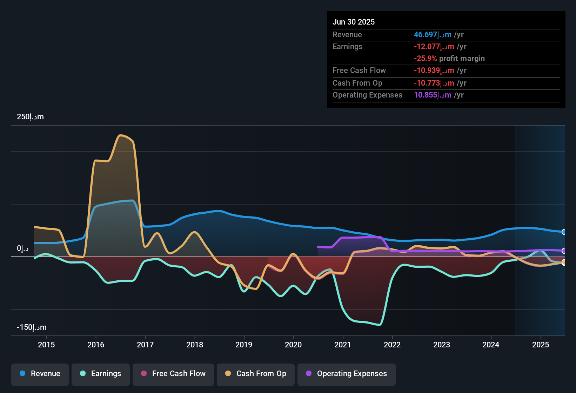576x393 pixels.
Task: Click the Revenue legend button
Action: coord(40,374)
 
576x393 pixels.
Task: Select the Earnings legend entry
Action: coord(101,374)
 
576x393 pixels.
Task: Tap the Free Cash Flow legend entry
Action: coord(173,374)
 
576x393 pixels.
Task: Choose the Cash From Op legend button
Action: coord(256,374)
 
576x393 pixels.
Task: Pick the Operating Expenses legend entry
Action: coord(347,374)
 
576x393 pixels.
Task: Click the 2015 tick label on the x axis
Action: coord(46,345)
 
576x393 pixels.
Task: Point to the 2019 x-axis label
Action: coord(244,345)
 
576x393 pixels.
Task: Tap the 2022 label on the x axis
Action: coord(392,345)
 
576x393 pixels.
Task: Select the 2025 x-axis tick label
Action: coord(541,345)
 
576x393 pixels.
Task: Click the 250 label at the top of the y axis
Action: coord(30,117)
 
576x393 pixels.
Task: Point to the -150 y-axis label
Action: coord(32,327)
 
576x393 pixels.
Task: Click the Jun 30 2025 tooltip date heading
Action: coord(354,22)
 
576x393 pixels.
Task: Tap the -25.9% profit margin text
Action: coord(449,59)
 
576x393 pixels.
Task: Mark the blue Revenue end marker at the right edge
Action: coord(564,232)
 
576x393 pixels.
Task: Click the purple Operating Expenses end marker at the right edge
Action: coord(564,251)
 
